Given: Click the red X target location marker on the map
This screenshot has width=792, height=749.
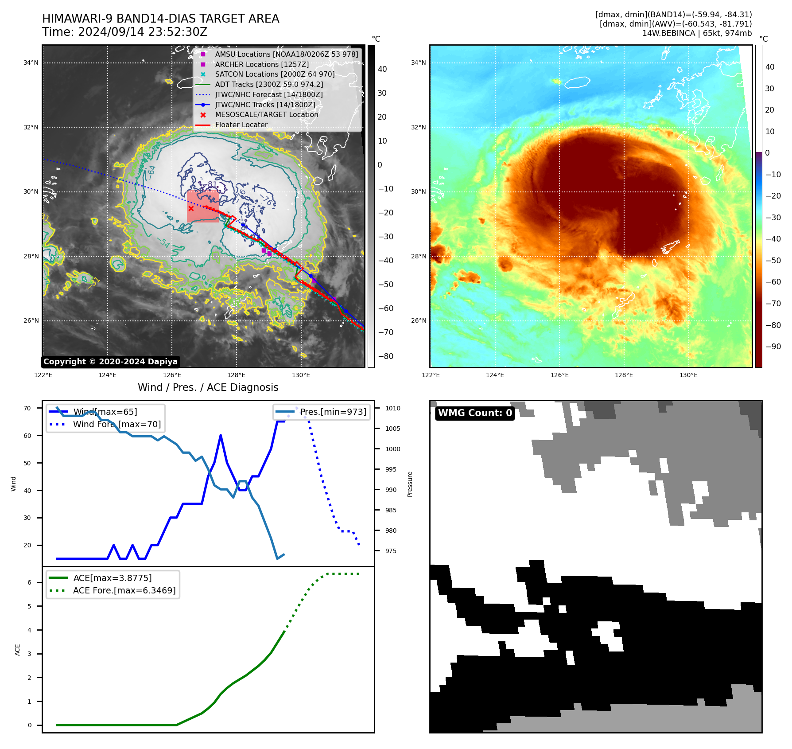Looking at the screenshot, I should [x=191, y=208].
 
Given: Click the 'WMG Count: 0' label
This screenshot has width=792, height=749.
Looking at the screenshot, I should [x=474, y=413].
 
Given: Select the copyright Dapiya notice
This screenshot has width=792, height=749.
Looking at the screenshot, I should [x=110, y=362].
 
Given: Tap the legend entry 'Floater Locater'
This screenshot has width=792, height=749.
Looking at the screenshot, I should [x=241, y=125].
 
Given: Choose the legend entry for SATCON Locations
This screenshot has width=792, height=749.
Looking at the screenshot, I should [x=275, y=74].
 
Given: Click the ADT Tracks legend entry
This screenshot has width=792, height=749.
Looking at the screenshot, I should [x=269, y=84].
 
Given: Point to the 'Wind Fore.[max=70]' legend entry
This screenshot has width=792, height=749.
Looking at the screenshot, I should [x=116, y=424].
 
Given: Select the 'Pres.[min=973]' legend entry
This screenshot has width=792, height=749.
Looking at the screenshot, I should [x=333, y=412].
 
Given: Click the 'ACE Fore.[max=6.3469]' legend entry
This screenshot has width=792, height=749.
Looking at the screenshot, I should [x=124, y=590].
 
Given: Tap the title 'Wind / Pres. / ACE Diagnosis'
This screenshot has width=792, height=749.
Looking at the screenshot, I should [x=208, y=387].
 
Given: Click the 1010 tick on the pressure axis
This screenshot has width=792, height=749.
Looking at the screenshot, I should [x=392, y=408].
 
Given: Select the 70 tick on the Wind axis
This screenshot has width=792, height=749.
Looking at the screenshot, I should [x=27, y=408].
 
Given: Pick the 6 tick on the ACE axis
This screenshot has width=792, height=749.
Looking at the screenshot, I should [x=30, y=582].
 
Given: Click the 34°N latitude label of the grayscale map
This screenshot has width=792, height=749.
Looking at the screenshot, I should [x=31, y=63].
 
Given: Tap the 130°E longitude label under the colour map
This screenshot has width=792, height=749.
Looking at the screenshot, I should [x=688, y=375].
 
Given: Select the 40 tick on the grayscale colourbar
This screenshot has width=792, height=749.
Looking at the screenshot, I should [x=382, y=69].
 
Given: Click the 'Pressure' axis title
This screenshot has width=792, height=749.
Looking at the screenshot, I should [x=410, y=484].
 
